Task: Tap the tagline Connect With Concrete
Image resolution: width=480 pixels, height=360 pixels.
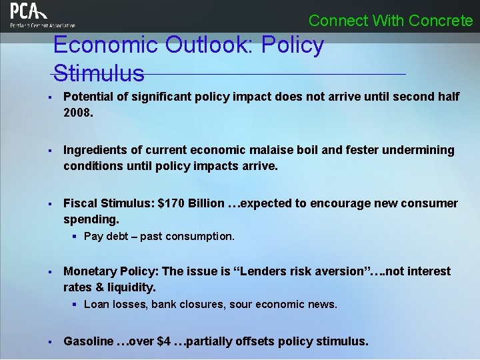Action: pyautogui.click(x=391, y=21)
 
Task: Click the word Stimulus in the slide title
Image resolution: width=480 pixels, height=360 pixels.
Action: pyautogui.click(x=98, y=73)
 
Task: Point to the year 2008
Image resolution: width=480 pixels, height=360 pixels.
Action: pyautogui.click(x=78, y=113)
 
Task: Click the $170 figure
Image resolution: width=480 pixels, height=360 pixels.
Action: pyautogui.click(x=171, y=203)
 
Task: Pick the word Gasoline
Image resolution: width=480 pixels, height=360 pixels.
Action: pyautogui.click(x=89, y=341)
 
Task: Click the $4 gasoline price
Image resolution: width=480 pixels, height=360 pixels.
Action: pyautogui.click(x=163, y=341)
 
